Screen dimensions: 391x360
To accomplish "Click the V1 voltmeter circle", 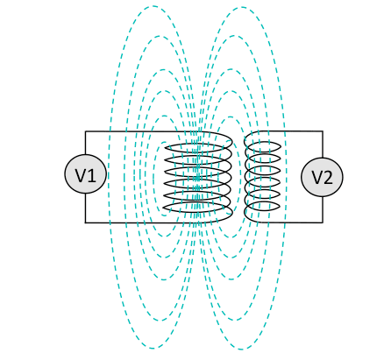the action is pos(85,174).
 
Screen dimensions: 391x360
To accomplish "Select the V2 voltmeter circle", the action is pos(322,177).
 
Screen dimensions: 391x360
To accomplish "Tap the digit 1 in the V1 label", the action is pos(92,175).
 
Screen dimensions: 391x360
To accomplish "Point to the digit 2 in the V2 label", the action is pos(328,178).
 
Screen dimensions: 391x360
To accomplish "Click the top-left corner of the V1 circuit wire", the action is pos(85,131).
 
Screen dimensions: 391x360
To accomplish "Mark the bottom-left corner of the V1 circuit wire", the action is pos(85,222).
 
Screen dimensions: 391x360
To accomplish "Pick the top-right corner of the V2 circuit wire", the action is pos(323,131).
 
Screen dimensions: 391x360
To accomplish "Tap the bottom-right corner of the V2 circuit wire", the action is pos(323,222).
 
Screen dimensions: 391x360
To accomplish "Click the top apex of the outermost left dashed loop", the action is pos(153,6).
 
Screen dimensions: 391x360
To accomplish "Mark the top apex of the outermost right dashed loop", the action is pos(242,7).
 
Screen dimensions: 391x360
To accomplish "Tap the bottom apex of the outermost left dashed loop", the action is pos(153,349).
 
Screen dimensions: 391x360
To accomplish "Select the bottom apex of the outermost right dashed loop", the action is pos(242,349).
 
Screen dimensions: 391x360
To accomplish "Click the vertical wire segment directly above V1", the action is pos(85,143).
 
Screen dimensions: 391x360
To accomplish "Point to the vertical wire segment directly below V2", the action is pos(323,209).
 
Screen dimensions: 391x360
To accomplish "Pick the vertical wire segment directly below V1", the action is pos(85,208).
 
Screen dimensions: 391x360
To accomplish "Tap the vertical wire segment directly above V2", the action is pos(323,145).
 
